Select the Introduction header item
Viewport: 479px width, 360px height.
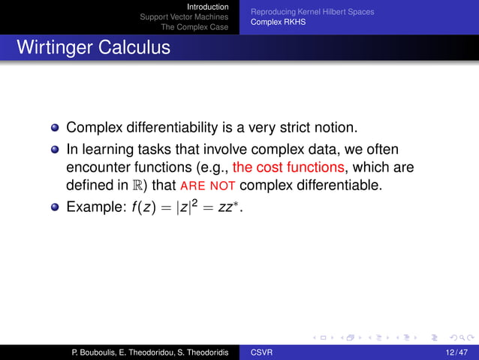(x=207, y=7)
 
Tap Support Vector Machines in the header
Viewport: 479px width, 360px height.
(x=184, y=17)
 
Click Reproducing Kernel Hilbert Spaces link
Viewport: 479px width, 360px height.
(x=312, y=12)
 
